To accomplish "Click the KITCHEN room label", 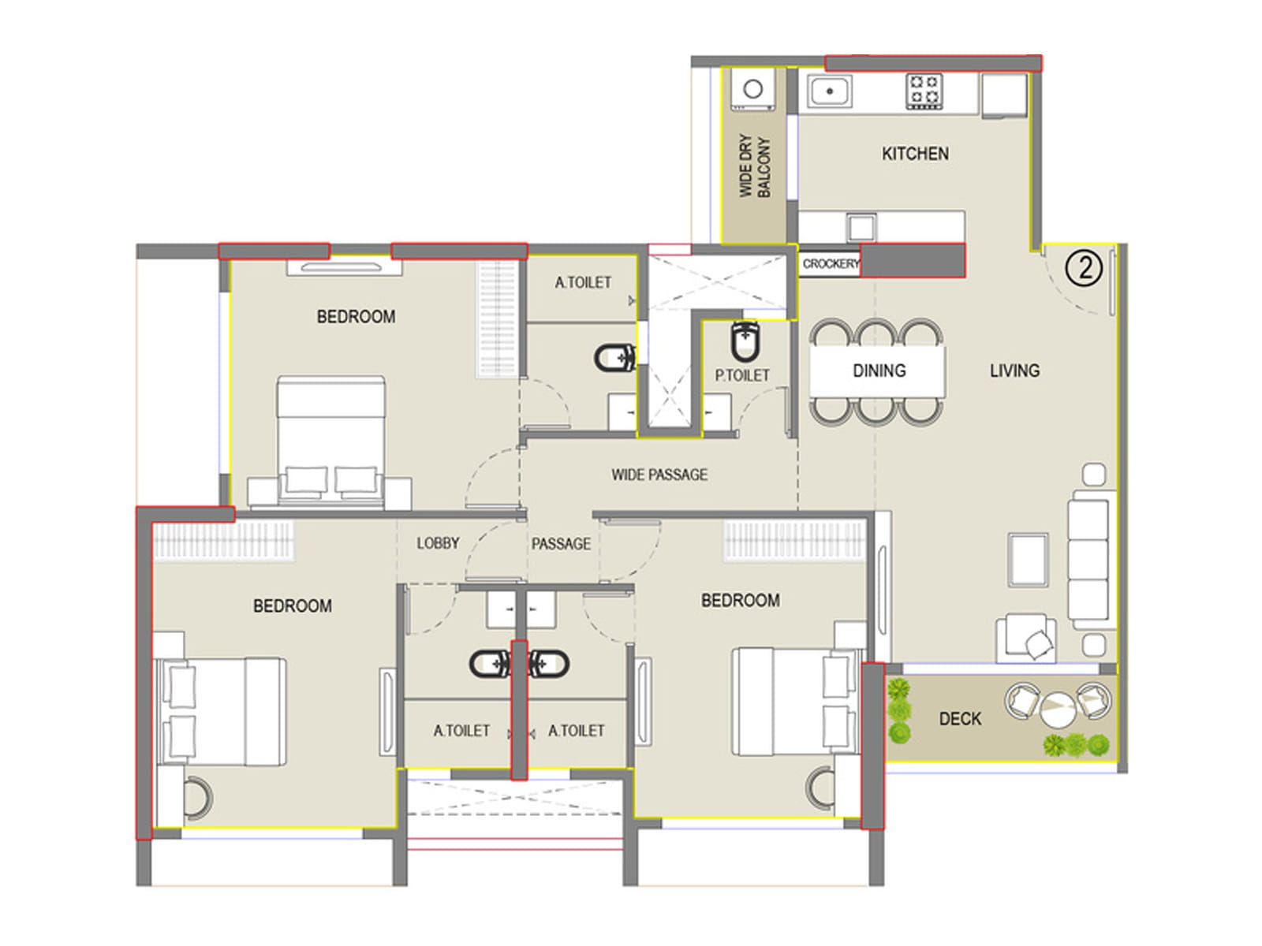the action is pyautogui.click(x=915, y=154).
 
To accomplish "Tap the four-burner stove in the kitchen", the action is pyautogui.click(x=924, y=91).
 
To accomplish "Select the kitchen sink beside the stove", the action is pyautogui.click(x=829, y=91).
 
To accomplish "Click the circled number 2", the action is pyautogui.click(x=1084, y=268).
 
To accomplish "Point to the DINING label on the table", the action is pyautogui.click(x=879, y=371).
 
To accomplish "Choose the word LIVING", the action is pyautogui.click(x=1015, y=371).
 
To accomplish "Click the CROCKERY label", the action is pyautogui.click(x=831, y=263).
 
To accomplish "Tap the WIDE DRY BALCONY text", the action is pyautogui.click(x=754, y=166).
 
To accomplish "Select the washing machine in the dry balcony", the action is pyautogui.click(x=752, y=89).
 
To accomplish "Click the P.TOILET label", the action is pyautogui.click(x=741, y=375).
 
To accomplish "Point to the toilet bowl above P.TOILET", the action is pyautogui.click(x=745, y=342).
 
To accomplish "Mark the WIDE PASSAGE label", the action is pyautogui.click(x=659, y=475).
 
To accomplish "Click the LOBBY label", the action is pyautogui.click(x=438, y=543).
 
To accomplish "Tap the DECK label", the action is pyautogui.click(x=960, y=718).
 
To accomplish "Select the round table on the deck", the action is pyautogui.click(x=1058, y=709).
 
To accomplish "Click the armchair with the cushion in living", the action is pyautogui.click(x=1026, y=638).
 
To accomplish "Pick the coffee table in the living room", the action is pyautogui.click(x=1028, y=560).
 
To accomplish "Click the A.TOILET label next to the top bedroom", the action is pyautogui.click(x=583, y=282).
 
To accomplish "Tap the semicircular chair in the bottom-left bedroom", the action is pyautogui.click(x=198, y=798).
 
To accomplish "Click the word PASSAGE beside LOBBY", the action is pyautogui.click(x=561, y=543).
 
